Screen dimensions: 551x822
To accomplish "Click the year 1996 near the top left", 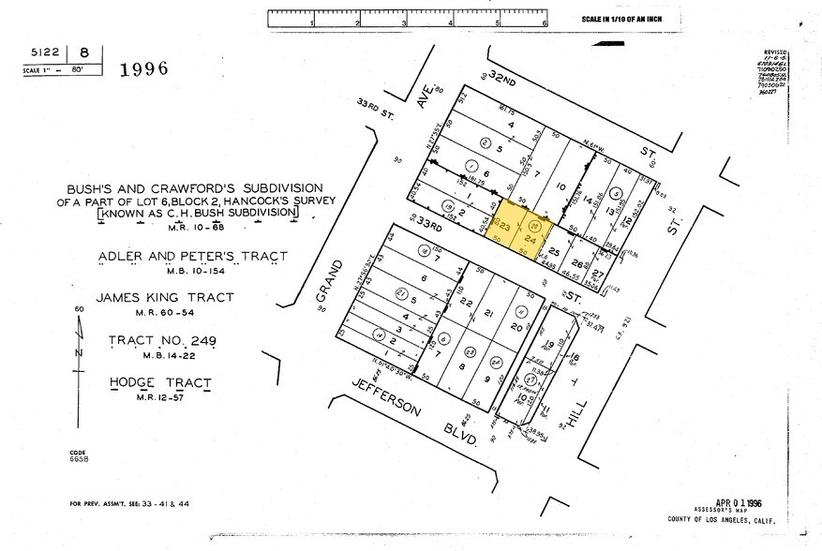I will tap(143, 68).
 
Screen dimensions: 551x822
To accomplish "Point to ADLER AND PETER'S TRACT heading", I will tap(192, 256).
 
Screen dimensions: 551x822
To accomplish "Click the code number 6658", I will tap(79, 458).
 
